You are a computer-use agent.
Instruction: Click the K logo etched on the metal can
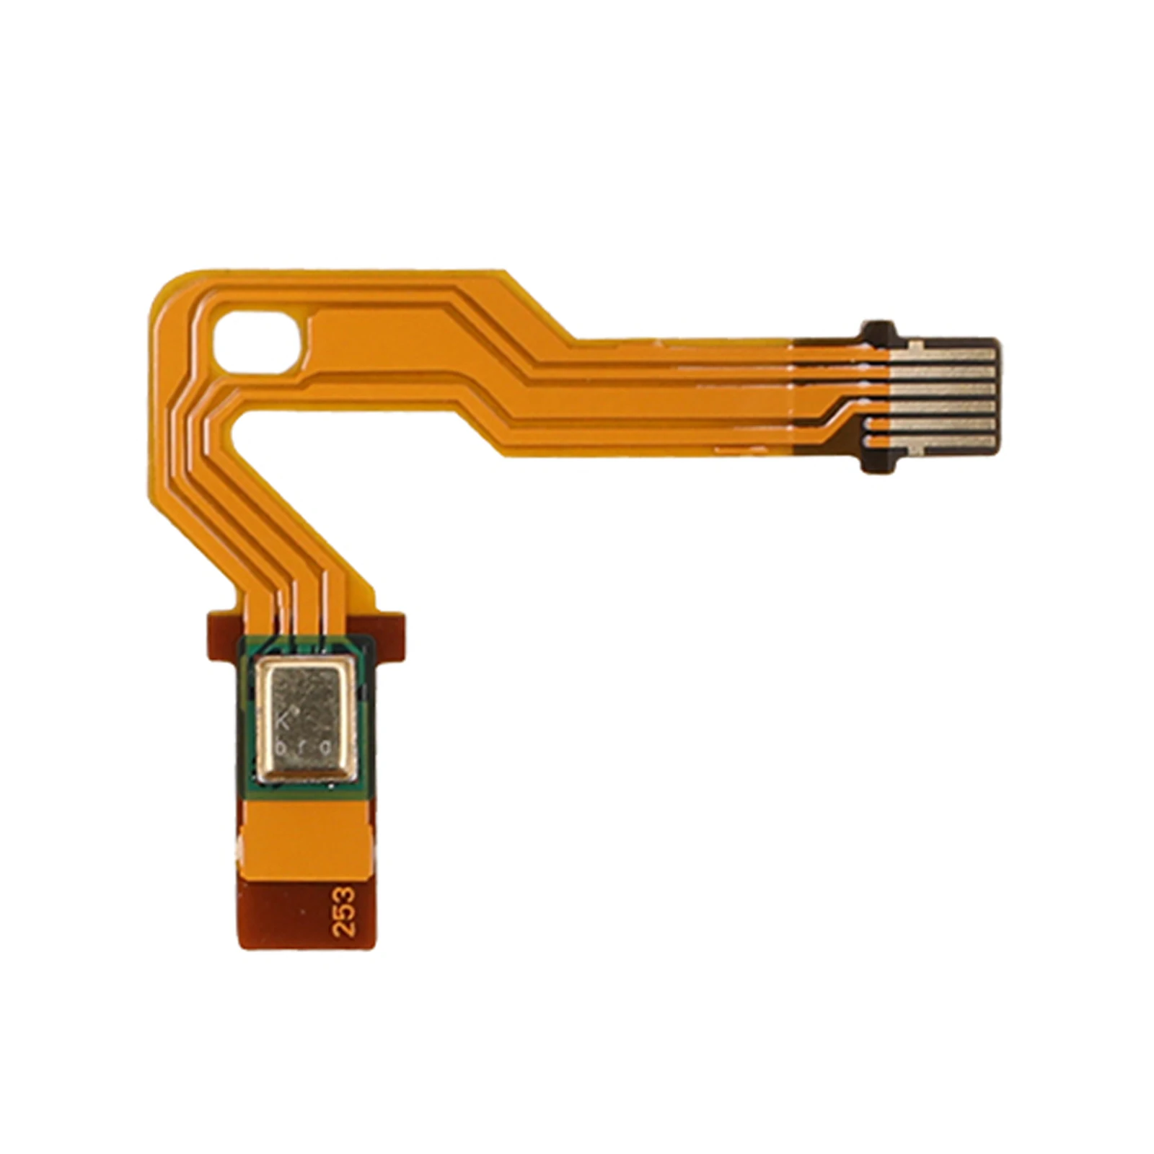(x=286, y=717)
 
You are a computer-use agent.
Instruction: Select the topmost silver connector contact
(x=945, y=354)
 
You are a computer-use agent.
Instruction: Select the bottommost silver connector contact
(x=945, y=441)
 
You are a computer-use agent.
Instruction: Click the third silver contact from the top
(x=945, y=389)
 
